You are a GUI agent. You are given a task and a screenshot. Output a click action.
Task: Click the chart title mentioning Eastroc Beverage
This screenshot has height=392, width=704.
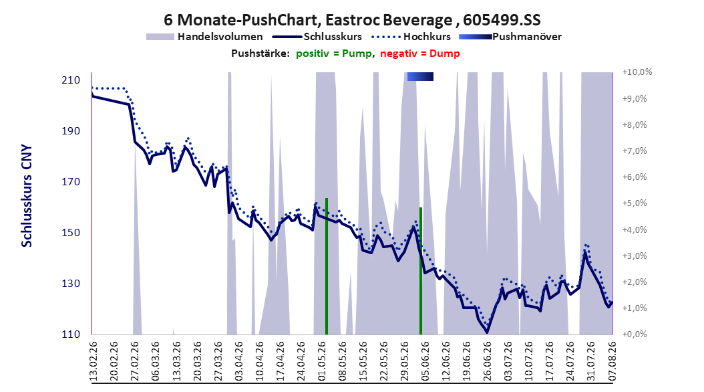coord(352,20)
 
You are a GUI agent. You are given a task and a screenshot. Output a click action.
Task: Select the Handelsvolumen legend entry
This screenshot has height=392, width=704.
coord(205,37)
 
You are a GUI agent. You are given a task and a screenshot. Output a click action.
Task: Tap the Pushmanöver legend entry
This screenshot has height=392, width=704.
coord(510,37)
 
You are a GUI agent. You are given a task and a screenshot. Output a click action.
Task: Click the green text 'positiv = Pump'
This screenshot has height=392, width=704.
coord(333,54)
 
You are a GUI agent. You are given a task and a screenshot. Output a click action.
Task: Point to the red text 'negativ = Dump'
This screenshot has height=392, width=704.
coord(420,54)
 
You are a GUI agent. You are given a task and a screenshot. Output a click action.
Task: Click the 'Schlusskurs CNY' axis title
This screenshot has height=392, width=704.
coord(27,195)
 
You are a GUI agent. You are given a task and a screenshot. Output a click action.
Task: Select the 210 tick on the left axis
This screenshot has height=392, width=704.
coord(71,80)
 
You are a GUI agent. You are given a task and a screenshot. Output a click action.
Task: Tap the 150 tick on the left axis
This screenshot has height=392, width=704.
coord(71,233)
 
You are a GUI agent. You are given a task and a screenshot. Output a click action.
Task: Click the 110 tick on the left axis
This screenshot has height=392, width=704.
coord(71,334)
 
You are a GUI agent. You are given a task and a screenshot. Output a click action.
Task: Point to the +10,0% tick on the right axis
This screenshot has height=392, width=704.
coord(637,72)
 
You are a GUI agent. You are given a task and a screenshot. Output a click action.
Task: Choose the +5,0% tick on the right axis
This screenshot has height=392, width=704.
coord(635,203)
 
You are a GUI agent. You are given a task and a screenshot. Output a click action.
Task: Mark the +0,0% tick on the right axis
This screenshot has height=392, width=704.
coord(635,334)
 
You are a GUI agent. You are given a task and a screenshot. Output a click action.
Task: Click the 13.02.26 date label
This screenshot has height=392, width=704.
coord(94,361)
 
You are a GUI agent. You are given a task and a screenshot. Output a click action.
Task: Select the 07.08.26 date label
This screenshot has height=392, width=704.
coord(612,361)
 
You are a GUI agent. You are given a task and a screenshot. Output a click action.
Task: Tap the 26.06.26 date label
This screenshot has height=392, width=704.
coord(487,361)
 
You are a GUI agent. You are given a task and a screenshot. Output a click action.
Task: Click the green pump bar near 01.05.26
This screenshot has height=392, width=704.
coord(327,266)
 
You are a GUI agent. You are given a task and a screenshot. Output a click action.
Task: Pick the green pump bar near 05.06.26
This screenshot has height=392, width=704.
coord(421,271)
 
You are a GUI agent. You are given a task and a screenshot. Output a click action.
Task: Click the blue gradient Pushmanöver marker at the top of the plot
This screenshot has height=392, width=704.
coord(420,77)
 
